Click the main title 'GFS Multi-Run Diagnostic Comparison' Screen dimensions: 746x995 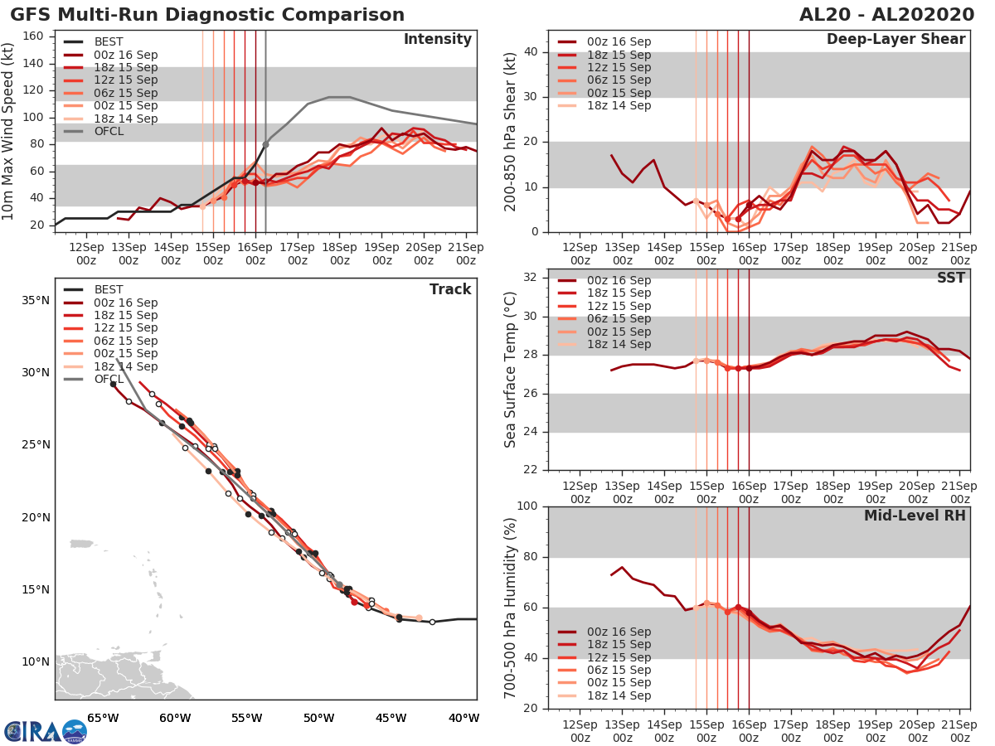coord(207,15)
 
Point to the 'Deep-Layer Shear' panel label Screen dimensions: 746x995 coord(895,40)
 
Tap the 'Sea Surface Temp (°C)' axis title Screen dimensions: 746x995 coord(511,370)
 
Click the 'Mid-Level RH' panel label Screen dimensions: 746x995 coord(915,516)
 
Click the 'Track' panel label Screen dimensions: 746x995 coord(449,289)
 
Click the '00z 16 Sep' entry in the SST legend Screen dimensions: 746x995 coord(619,280)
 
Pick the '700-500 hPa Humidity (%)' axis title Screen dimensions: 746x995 coord(511,608)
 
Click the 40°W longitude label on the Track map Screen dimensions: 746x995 coord(463,718)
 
